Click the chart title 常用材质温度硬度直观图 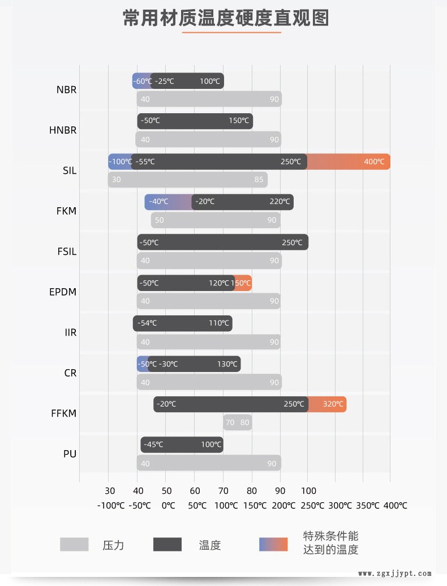[226, 18]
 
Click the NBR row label [66, 89]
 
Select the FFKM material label [63, 413]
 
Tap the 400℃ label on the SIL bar [374, 162]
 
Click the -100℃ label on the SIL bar [121, 162]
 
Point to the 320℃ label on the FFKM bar [333, 404]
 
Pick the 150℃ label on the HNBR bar [239, 121]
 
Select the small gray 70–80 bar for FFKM [238, 422]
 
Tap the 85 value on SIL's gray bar [259, 180]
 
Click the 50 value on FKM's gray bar [160, 220]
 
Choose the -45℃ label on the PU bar [153, 445]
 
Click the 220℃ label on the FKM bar [280, 202]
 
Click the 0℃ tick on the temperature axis [168, 506]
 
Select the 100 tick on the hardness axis [308, 490]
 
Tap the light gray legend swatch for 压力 [74, 544]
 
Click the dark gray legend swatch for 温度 [167, 544]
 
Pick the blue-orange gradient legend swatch [273, 544]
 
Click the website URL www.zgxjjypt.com [395, 573]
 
